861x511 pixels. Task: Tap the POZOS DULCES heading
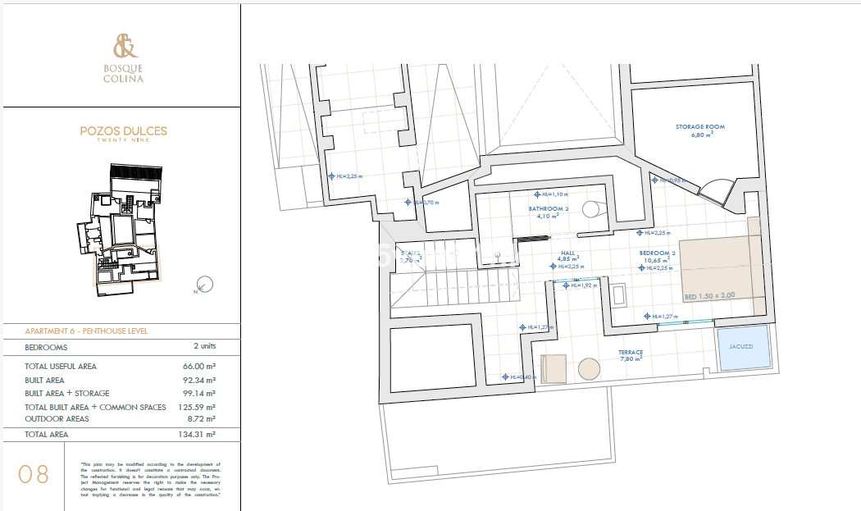pyautogui.click(x=123, y=130)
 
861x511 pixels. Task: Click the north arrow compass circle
pyautogui.click(x=206, y=284)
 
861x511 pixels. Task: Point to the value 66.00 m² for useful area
pyautogui.click(x=199, y=367)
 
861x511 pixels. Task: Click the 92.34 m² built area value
pyautogui.click(x=199, y=380)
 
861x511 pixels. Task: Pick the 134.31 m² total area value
pyautogui.click(x=198, y=434)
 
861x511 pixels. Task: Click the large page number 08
pyautogui.click(x=34, y=474)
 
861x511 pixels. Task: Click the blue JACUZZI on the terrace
pyautogui.click(x=743, y=348)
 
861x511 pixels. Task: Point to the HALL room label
pyautogui.click(x=567, y=254)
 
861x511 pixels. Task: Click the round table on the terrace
pyautogui.click(x=590, y=368)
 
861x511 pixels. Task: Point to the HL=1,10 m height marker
pyautogui.click(x=551, y=194)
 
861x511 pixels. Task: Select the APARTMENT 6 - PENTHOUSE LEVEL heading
pyautogui.click(x=87, y=331)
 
